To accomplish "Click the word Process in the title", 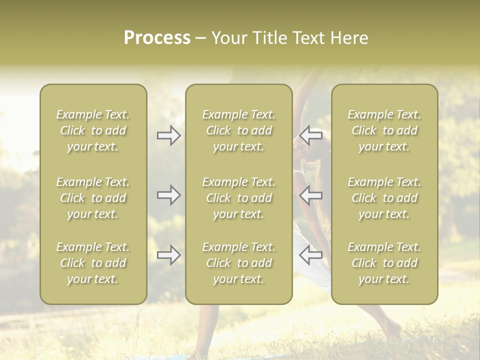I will [157, 38].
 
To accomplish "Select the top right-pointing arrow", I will [169, 135].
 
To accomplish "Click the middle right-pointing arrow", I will [169, 195].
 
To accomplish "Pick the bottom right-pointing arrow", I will [169, 255].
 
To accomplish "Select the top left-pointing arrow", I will [311, 135].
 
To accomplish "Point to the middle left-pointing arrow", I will [311, 195].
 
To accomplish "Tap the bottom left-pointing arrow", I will [311, 255].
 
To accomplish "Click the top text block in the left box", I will [93, 130].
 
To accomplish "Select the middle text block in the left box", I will [93, 198].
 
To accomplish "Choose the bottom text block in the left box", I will [93, 263].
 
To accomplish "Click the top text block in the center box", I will [239, 130].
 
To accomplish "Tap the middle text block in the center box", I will [239, 198].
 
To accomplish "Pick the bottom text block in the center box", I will [239, 263].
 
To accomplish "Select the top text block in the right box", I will [384, 130].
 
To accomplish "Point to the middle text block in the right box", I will [384, 198].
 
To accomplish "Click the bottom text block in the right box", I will [384, 263].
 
